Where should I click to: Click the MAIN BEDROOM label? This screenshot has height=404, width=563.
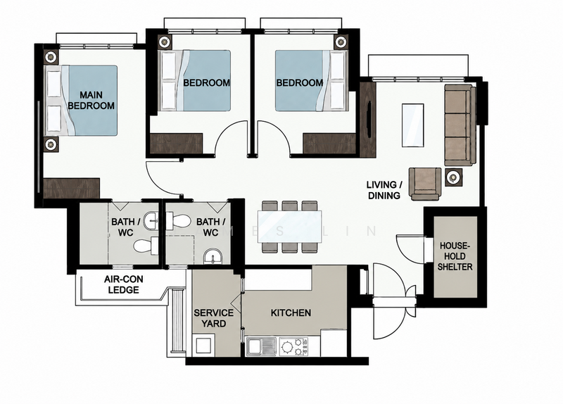(91, 100)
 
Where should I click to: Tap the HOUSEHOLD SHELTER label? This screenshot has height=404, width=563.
(455, 256)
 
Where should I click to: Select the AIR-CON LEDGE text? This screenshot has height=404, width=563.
(124, 284)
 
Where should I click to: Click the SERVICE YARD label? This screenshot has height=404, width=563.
(214, 318)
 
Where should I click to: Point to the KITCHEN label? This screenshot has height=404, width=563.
(291, 313)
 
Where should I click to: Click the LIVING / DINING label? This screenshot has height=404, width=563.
(384, 190)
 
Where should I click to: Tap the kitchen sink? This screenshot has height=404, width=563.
(260, 346)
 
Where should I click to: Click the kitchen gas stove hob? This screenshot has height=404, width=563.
(293, 346)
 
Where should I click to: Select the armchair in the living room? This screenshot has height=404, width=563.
(426, 184)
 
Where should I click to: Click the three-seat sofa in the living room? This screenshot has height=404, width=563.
(460, 125)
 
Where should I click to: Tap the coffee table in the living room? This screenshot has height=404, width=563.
(412, 125)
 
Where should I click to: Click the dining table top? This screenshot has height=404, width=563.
(289, 226)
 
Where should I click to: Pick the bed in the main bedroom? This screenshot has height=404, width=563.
(81, 100)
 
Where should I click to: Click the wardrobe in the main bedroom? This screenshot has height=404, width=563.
(71, 188)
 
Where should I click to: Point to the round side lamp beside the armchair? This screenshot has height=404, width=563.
(453, 177)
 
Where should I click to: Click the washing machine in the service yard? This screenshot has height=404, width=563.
(203, 345)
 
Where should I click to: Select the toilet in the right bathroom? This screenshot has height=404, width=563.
(178, 220)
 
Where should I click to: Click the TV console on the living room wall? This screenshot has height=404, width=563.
(367, 120)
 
